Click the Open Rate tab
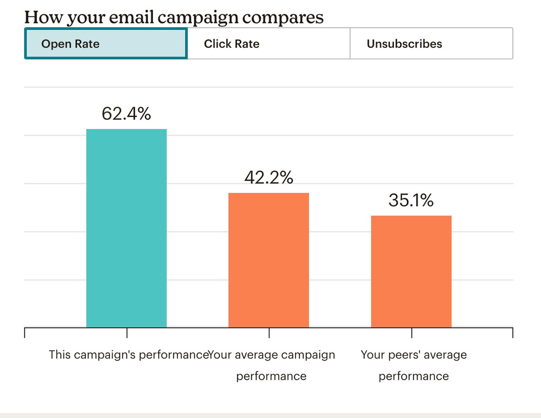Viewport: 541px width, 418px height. pyautogui.click(x=106, y=44)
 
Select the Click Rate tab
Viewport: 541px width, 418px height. pyautogui.click(x=268, y=44)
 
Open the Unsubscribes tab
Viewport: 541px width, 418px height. pyautogui.click(x=431, y=44)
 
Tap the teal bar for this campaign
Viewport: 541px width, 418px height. pyautogui.click(x=126, y=228)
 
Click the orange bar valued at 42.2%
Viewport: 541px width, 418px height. pyautogui.click(x=269, y=260)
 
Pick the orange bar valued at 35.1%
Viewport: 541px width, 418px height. pyautogui.click(x=411, y=271)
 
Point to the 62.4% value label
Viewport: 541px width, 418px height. pyautogui.click(x=126, y=114)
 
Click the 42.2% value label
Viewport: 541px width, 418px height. pyautogui.click(x=269, y=177)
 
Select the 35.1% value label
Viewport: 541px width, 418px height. pyautogui.click(x=411, y=200)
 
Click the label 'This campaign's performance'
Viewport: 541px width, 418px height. pyautogui.click(x=128, y=354)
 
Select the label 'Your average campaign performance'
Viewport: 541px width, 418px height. pyautogui.click(x=271, y=365)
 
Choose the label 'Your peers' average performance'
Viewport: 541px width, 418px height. pyautogui.click(x=414, y=365)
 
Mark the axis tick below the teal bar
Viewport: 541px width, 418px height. pyautogui.click(x=127, y=333)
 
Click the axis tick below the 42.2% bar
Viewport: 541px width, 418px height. pyautogui.click(x=269, y=333)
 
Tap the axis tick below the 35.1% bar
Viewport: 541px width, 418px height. pyautogui.click(x=412, y=333)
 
